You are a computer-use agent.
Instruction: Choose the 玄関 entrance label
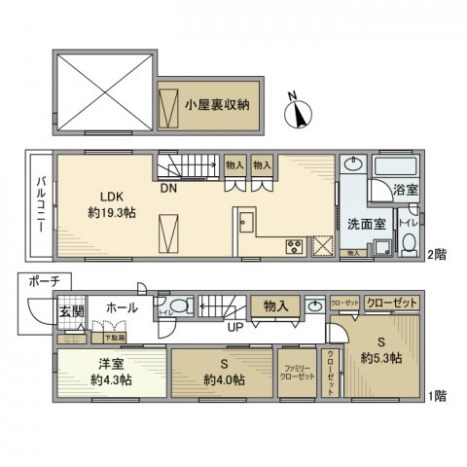click(x=72, y=310)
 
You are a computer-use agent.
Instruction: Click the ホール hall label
click(x=121, y=307)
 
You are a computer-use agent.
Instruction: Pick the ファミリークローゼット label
click(x=293, y=374)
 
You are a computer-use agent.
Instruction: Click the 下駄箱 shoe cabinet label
click(x=114, y=337)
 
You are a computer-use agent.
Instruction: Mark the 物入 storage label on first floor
click(x=274, y=306)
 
